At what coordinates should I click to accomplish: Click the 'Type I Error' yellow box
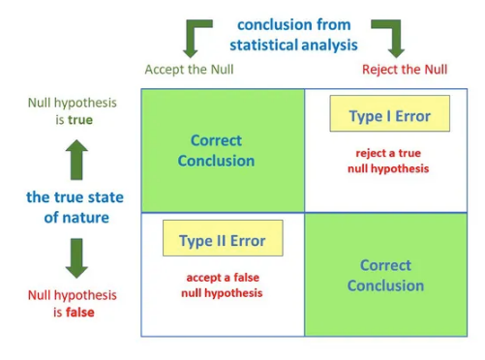point(389,115)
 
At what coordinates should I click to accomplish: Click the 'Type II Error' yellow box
point(223,239)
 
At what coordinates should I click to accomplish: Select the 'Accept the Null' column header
point(189,69)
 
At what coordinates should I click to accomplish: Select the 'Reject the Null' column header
point(405,69)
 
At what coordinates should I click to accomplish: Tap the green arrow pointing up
point(76,158)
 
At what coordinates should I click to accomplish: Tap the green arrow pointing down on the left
point(76,257)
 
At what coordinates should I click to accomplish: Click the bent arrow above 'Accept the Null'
point(197,36)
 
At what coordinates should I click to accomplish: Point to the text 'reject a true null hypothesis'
point(388,161)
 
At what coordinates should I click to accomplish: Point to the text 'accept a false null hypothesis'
point(222,285)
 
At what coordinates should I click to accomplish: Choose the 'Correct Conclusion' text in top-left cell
point(217,150)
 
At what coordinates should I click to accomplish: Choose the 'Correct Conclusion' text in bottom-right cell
point(385,275)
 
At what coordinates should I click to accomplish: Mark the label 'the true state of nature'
point(76,207)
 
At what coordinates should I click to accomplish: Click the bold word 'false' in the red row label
point(79,313)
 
